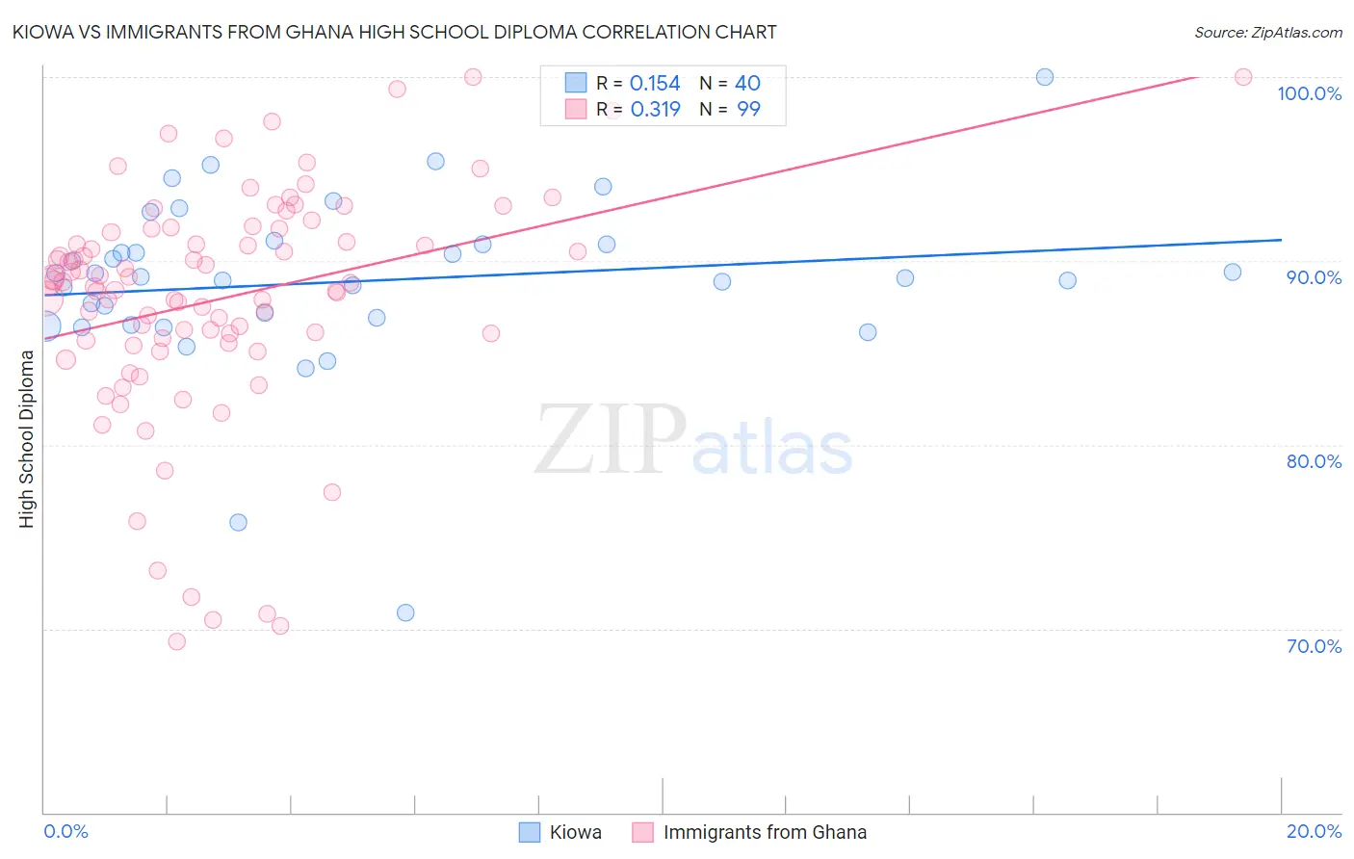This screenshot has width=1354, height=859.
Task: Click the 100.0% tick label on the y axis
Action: (x=1309, y=93)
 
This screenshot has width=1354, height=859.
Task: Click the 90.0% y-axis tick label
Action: (x=1314, y=277)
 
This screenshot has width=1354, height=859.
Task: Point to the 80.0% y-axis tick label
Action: (x=1314, y=461)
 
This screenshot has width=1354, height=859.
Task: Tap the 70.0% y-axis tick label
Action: (x=1314, y=646)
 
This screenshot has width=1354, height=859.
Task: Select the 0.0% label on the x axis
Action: (x=65, y=831)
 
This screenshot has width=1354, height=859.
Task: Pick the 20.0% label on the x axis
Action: (x=1314, y=831)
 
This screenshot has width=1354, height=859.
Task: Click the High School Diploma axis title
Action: (x=27, y=438)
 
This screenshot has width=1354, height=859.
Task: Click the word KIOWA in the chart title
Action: (x=41, y=32)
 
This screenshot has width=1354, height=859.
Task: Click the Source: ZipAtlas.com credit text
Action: (x=1267, y=32)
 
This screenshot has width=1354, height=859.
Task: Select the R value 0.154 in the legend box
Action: (x=655, y=84)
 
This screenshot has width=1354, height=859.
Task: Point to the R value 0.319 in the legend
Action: (x=655, y=110)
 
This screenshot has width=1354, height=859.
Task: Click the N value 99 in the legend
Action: (x=748, y=110)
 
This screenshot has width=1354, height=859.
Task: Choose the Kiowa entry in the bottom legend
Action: (x=575, y=832)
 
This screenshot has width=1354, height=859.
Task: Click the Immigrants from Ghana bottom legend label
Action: (x=765, y=832)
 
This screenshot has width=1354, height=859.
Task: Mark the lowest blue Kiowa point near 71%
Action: (x=405, y=612)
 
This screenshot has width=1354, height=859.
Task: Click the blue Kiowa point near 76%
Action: (x=238, y=522)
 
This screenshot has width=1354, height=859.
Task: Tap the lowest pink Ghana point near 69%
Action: (x=177, y=641)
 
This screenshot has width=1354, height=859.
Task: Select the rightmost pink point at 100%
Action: (x=1243, y=77)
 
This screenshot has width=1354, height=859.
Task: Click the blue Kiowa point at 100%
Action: (x=1045, y=77)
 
